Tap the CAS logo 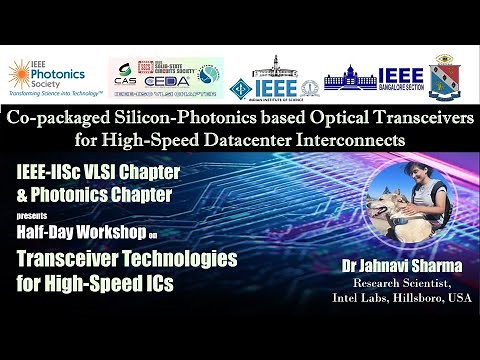click(125, 83)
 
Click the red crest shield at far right click(447, 81)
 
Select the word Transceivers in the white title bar click(403, 118)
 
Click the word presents click(31, 215)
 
